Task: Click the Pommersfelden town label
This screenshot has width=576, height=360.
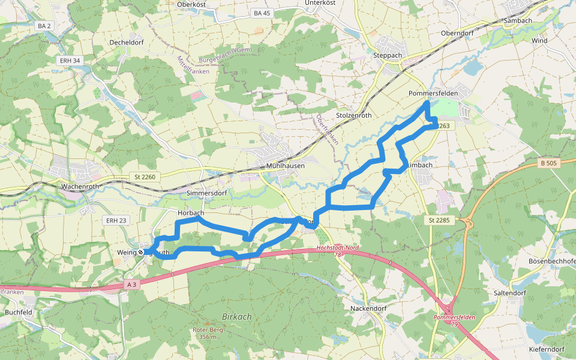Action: [433, 94]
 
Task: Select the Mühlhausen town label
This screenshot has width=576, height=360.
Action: [285, 166]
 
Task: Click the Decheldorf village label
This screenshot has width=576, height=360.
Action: [128, 43]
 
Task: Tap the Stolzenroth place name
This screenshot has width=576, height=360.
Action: [354, 115]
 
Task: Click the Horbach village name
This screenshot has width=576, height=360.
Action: [191, 213]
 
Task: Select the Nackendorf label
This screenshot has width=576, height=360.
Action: [368, 308]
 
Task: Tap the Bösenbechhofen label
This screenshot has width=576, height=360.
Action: [551, 262]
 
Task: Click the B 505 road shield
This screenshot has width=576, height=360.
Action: [549, 163]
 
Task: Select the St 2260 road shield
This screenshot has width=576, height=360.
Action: [145, 177]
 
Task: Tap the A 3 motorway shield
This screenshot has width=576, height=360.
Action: [133, 284]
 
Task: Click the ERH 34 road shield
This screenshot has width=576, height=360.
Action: [70, 61]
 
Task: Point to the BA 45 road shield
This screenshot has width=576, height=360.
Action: [262, 13]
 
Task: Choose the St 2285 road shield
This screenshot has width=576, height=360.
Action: [439, 221]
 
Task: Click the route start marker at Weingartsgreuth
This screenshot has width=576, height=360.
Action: [141, 253]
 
